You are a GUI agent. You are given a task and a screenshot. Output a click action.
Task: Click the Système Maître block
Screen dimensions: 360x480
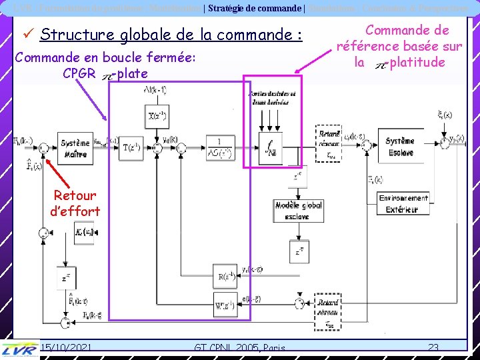coord(75,147)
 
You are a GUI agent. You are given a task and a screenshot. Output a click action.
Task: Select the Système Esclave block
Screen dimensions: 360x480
coord(399,147)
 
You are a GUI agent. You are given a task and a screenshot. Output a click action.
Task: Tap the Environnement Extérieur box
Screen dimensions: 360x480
coord(403,203)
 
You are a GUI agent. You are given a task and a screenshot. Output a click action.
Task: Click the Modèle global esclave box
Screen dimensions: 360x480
coord(298,210)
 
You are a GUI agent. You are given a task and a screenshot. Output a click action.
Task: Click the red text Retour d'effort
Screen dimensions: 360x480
coord(75,203)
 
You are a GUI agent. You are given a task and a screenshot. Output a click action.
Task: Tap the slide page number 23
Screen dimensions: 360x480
coord(433,347)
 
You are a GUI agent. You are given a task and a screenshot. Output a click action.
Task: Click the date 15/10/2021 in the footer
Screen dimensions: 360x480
coord(65,347)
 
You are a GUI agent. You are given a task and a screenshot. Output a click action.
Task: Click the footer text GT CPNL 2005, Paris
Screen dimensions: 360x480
coord(239,347)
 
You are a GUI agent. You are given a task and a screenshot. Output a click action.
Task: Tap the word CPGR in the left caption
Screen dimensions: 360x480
coord(79,73)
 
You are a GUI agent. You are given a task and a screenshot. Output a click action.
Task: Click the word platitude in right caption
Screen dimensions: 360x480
coord(417,63)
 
